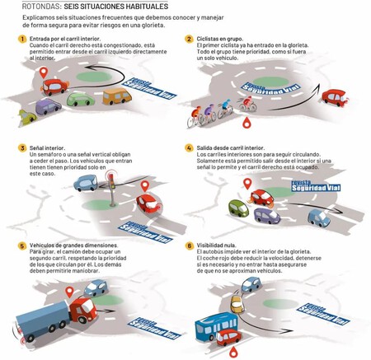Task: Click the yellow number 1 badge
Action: click(x=22, y=39)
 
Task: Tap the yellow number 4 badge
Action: click(x=189, y=148)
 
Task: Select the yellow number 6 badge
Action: click(x=189, y=245)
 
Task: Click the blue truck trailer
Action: click(x=42, y=320)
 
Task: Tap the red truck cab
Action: click(x=83, y=310)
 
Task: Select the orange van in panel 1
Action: click(x=117, y=96)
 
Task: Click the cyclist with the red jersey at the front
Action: click(x=247, y=104)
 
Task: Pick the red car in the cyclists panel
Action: click(x=335, y=98)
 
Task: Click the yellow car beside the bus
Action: click(x=237, y=304)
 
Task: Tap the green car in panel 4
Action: click(x=238, y=208)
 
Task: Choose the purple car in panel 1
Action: click(x=48, y=106)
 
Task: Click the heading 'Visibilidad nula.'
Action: click(x=216, y=245)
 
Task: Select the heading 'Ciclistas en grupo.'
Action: click(x=220, y=39)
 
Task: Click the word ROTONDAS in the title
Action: click(x=42, y=6)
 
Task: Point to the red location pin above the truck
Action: click(x=69, y=292)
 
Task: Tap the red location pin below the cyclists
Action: click(x=247, y=123)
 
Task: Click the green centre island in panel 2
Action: click(x=270, y=82)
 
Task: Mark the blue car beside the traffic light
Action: click(x=86, y=183)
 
